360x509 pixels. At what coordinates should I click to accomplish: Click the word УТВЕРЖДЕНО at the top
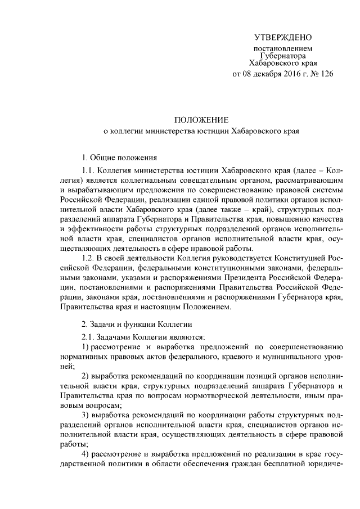point(283,38)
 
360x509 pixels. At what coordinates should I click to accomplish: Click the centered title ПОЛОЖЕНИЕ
point(201,120)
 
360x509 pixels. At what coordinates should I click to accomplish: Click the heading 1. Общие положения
point(118,157)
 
